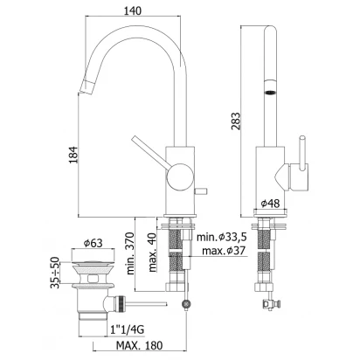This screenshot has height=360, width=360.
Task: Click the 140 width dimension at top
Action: click(133, 10)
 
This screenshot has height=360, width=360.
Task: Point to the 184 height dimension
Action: click(74, 155)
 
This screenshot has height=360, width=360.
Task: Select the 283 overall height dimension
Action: click(236, 121)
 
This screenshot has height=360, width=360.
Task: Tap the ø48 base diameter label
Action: click(270, 203)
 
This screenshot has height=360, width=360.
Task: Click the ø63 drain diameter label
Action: click(93, 243)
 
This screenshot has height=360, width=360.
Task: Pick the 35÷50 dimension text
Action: click(54, 273)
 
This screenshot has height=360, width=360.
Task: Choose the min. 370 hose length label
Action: click(130, 253)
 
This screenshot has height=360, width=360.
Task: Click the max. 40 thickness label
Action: click(153, 252)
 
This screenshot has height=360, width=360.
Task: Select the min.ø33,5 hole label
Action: click(222, 237)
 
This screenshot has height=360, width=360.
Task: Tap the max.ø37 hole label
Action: click(224, 250)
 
